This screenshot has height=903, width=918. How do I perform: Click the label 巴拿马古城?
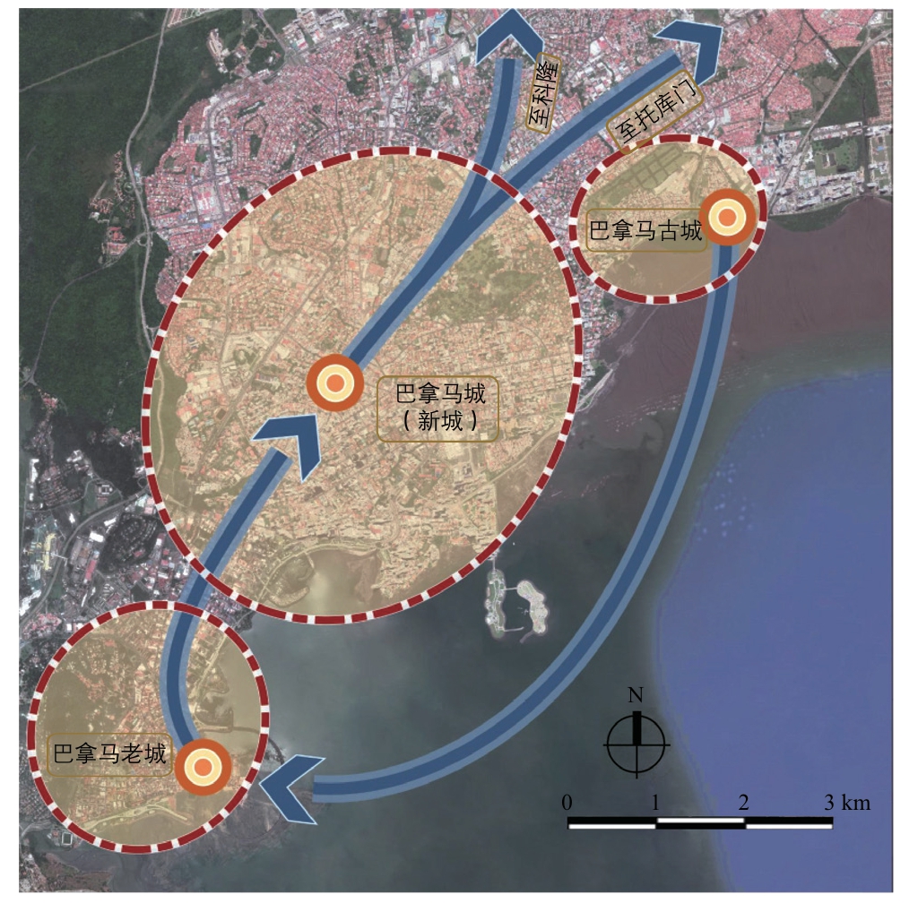coord(645,230)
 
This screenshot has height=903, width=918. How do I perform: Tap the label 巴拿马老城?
coord(109,753)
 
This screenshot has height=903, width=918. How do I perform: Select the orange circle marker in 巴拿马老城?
coord(203,767)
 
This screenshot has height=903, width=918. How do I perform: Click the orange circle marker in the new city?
coord(334,383)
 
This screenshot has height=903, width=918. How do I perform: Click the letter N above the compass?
coord(636,695)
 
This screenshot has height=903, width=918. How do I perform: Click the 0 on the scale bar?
coord(567,803)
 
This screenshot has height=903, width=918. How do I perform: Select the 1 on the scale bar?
coord(655,803)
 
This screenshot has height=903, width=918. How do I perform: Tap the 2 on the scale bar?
coord(743,803)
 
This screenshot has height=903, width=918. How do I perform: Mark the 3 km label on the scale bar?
coord(848,803)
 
